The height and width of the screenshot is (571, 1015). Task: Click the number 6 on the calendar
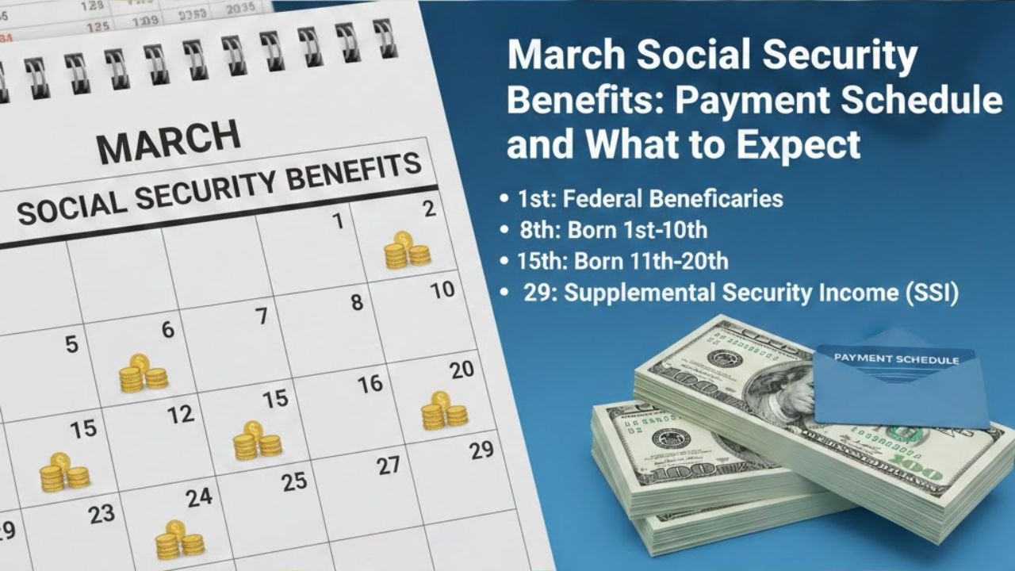(167, 330)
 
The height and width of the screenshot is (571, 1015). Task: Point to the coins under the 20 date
(443, 410)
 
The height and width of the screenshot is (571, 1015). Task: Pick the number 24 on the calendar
(199, 497)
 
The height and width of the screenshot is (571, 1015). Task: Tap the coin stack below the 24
(178, 541)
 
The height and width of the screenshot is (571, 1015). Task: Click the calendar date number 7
(262, 316)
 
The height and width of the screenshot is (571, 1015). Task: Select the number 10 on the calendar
(442, 289)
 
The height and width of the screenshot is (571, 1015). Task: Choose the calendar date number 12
(181, 413)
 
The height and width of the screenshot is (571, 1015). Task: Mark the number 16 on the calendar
(370, 385)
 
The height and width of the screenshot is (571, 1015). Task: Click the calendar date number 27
(389, 466)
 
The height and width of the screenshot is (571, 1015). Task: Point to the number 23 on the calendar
(101, 514)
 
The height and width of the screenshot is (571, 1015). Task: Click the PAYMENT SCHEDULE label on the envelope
(896, 359)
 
